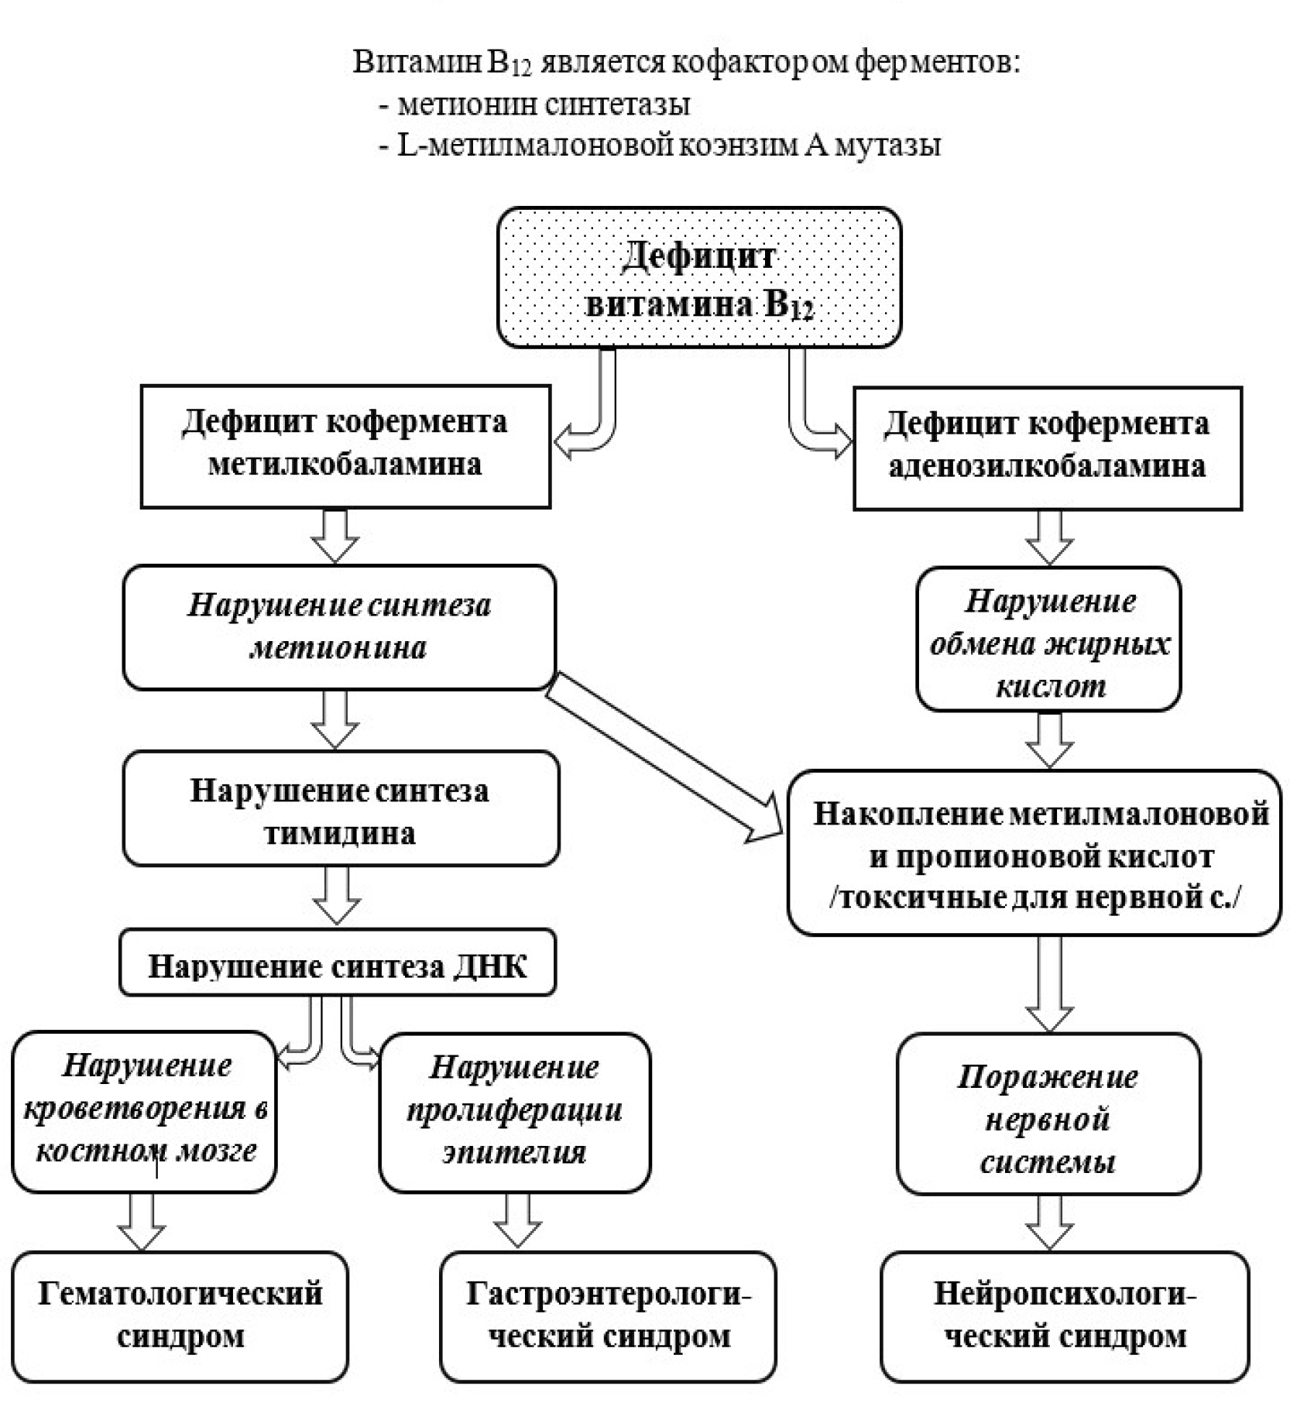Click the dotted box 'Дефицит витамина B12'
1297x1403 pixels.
(699, 277)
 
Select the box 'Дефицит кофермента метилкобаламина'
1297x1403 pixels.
(345, 446)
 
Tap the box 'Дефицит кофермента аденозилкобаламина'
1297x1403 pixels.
(1047, 448)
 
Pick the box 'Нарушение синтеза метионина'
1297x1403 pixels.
(339, 627)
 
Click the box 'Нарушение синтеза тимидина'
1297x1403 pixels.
(341, 808)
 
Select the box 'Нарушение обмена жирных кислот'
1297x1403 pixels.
(1048, 639)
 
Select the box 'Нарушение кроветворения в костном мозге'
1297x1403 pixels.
(145, 1110)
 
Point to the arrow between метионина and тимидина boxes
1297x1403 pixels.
(335, 719)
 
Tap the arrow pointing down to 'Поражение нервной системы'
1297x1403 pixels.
(1049, 983)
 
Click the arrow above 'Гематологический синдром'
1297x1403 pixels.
(142, 1221)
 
